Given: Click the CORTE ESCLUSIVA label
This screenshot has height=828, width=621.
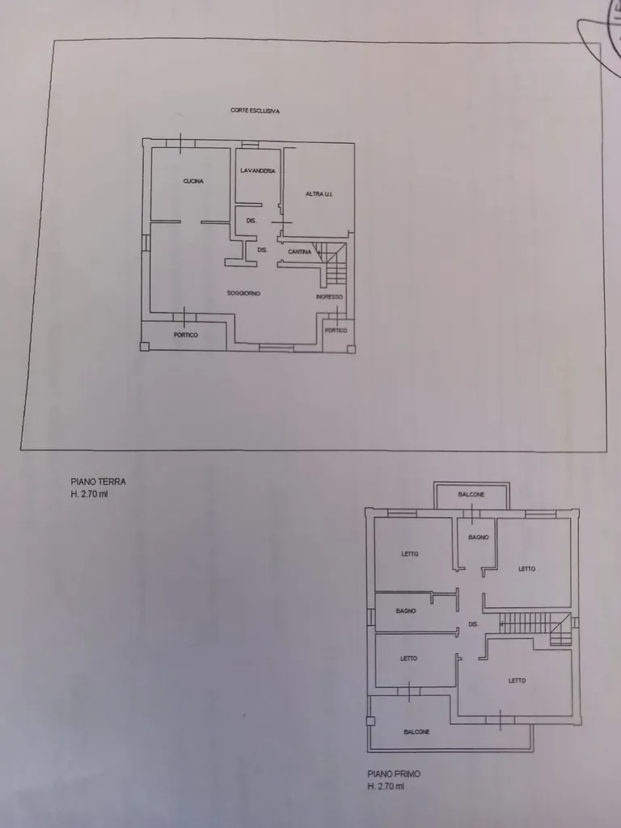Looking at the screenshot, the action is coord(255,111).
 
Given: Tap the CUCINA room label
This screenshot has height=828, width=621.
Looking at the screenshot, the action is coord(193,181).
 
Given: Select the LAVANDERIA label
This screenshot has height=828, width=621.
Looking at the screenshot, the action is coord(258,171).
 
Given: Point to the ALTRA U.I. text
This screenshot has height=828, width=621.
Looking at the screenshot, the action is coord(319,194).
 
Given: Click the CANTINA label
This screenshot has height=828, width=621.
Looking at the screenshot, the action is coord(299,252).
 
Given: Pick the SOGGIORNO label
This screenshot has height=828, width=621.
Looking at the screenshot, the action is coord(243,293).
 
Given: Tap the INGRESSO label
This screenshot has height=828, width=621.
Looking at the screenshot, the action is coord(330,297).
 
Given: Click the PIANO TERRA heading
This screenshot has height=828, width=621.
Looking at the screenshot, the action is coord(98,482).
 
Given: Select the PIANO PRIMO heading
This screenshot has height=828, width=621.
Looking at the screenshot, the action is coord(395,774).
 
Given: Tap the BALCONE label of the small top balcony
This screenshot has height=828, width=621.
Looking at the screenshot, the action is coord(471,495).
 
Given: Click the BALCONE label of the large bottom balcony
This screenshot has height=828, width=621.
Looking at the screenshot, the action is coord(416,732).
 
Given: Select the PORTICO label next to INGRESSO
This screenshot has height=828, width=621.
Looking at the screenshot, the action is coord(336,331).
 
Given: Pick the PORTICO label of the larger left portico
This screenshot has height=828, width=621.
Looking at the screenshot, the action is coord(186,335).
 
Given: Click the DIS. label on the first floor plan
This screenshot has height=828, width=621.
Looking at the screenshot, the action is coord(474,624).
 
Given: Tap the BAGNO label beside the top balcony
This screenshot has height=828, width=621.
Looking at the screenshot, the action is coord(479,538).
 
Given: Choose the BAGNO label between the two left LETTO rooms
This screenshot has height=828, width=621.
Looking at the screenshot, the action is coord(406,611).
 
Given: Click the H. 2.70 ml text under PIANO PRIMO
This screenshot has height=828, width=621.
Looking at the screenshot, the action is coord(386,786).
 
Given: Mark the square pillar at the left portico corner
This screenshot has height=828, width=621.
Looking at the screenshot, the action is coord(145,346).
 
